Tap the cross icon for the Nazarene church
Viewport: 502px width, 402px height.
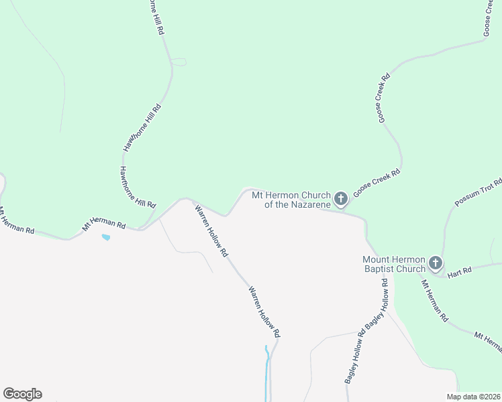pyautogui.click(x=341, y=199)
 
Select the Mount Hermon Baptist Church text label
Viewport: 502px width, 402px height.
pyautogui.click(x=393, y=264)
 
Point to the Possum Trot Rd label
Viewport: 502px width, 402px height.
pyautogui.click(x=478, y=193)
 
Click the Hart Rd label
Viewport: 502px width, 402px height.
pyautogui.click(x=460, y=270)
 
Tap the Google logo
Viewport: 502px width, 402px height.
pyautogui.click(x=22, y=394)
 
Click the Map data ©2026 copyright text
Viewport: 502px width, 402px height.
pyautogui.click(x=474, y=397)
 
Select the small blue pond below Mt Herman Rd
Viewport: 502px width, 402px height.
pyautogui.click(x=105, y=237)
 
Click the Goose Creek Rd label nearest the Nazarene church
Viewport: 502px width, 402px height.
pyautogui.click(x=376, y=181)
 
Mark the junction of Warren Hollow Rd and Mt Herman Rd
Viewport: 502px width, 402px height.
pyautogui.click(x=191, y=200)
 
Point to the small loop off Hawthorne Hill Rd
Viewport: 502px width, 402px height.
pyautogui.click(x=179, y=62)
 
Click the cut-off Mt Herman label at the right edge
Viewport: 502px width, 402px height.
pyautogui.click(x=488, y=341)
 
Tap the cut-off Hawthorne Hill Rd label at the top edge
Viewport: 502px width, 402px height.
pyautogui.click(x=156, y=17)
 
